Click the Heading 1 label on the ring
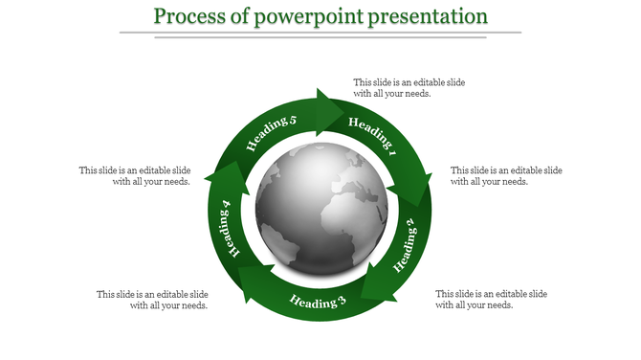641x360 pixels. tap(372, 135)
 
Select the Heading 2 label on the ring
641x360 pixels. tap(405, 243)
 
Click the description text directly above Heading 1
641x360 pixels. tap(409, 88)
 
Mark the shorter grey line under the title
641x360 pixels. tap(320, 38)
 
